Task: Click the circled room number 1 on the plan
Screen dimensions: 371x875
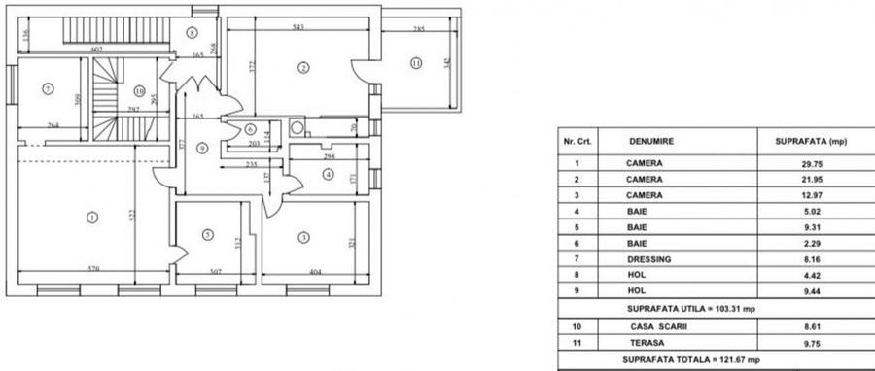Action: coord(92,217)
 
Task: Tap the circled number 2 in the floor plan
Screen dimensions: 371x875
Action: coord(303,67)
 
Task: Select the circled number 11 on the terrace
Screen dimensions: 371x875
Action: coord(416,64)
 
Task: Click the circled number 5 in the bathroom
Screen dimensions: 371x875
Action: coord(208,234)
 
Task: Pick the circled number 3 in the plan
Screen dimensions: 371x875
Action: coord(303,236)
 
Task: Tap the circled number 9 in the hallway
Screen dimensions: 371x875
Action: coord(202,148)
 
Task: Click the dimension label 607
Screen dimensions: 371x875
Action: coord(97,49)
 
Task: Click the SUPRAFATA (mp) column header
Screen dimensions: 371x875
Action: coord(811,142)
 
